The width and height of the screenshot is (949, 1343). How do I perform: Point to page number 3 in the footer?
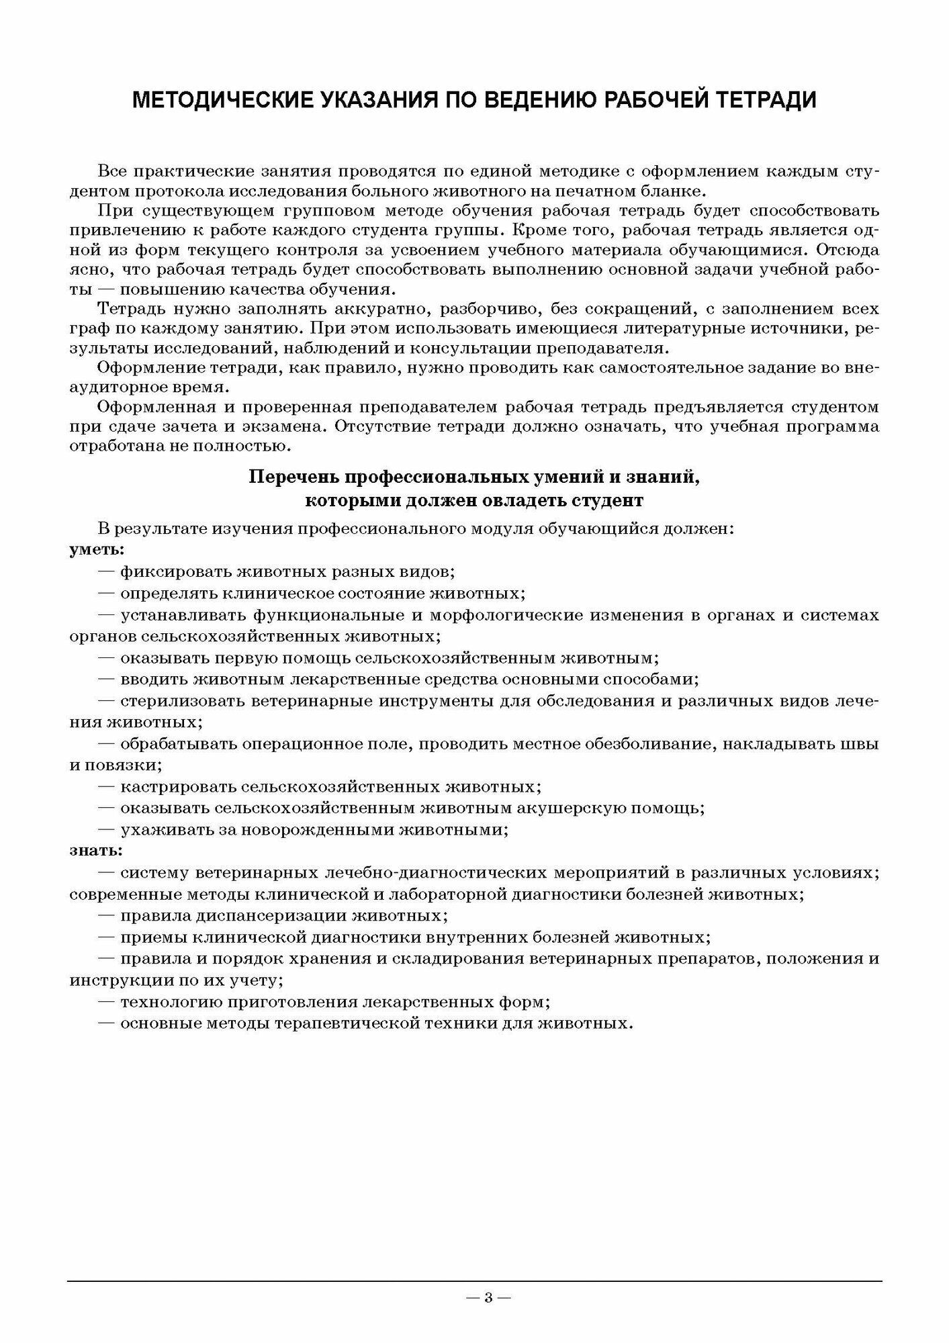pos(488,1297)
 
